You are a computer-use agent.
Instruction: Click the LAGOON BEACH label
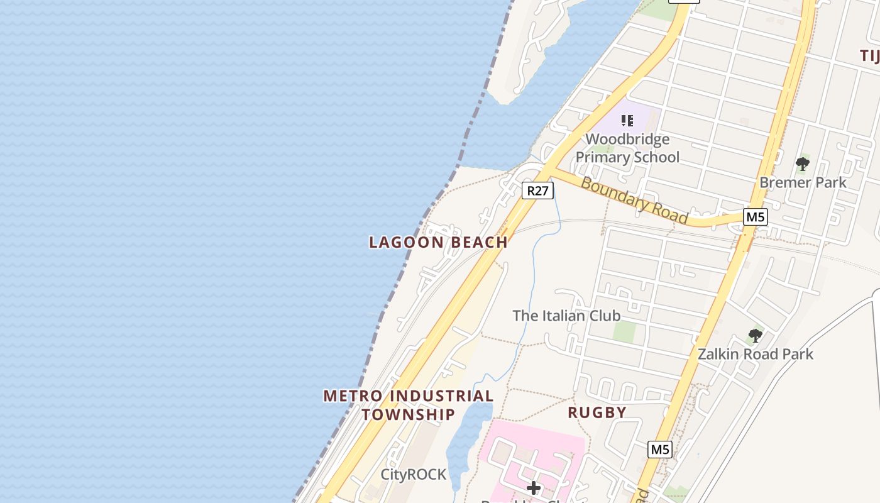[x=438, y=242]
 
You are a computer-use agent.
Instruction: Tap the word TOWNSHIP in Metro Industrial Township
[x=408, y=415]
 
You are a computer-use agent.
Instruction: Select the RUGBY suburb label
[x=597, y=412]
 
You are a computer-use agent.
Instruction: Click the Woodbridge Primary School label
[x=627, y=148]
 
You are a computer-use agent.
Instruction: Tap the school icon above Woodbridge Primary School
[x=627, y=120]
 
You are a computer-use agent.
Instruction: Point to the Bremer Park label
[x=803, y=182]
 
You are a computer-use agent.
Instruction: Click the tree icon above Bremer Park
[x=802, y=165]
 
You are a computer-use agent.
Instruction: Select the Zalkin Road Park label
[x=755, y=354]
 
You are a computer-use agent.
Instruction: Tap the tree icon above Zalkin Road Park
[x=756, y=336]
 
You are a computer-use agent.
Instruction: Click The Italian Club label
[x=566, y=316]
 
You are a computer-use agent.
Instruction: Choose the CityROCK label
[x=413, y=475]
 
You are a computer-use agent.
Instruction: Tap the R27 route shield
[x=537, y=191]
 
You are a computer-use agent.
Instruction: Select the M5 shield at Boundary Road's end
[x=754, y=218]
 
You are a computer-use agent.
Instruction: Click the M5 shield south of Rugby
[x=660, y=450]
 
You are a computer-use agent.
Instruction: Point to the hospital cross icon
[x=534, y=487]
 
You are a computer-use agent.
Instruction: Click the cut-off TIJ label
[x=869, y=56]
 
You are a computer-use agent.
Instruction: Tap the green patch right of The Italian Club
[x=624, y=331]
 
